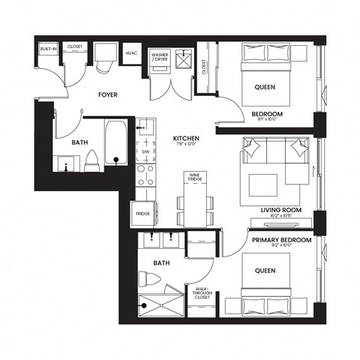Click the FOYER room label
pyautogui.click(x=112, y=95)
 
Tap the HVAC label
pyautogui.click(x=132, y=54)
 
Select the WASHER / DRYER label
pyautogui.click(x=160, y=56)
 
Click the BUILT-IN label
pyautogui.click(x=48, y=48)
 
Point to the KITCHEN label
pyautogui.click(x=185, y=139)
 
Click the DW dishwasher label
pyautogui.click(x=145, y=151)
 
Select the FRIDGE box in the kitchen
pyautogui.click(x=142, y=213)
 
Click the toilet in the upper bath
pyautogui.click(x=92, y=160)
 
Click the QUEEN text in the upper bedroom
pyautogui.click(x=264, y=87)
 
